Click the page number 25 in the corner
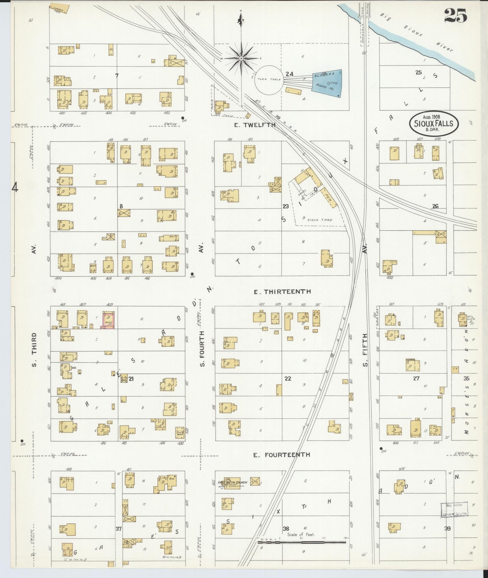coord(455,16)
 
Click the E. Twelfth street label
coord(254,125)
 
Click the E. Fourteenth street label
coord(281,455)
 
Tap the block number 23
coord(285,206)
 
